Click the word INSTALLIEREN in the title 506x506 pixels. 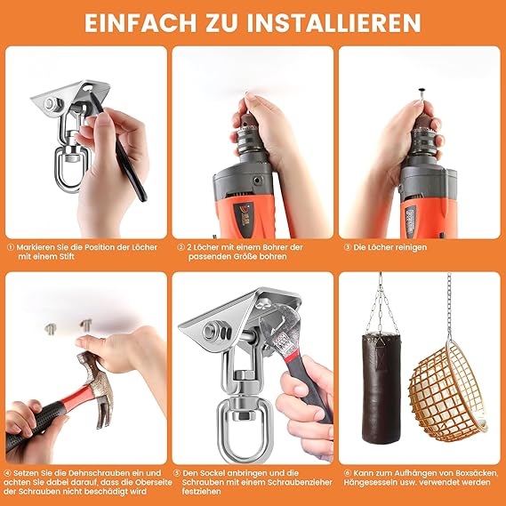click(333, 23)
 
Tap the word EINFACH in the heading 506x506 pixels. click(141, 23)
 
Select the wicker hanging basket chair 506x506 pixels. click(448, 391)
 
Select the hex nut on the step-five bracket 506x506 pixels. click(213, 332)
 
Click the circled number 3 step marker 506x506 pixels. click(347, 247)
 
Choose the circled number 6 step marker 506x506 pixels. click(347, 473)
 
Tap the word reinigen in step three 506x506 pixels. click(409, 248)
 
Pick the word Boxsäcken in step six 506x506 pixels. click(477, 474)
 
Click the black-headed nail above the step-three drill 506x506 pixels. click(420, 94)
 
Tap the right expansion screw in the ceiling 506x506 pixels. click(86, 325)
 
